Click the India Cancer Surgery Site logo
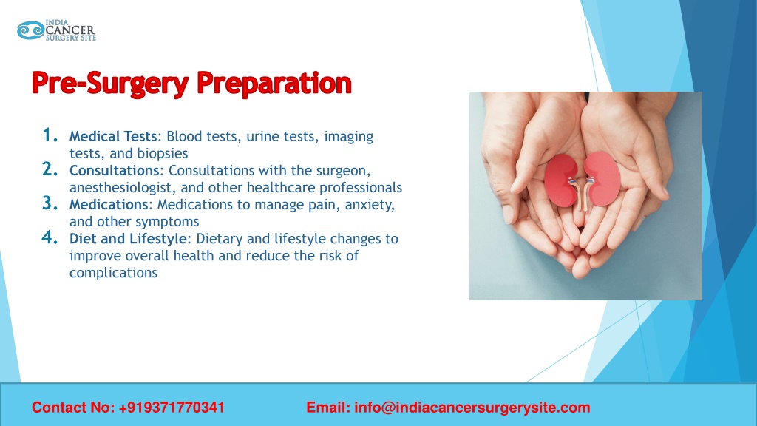pyautogui.click(x=56, y=30)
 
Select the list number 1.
pyautogui.click(x=50, y=135)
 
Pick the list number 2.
pyautogui.click(x=50, y=169)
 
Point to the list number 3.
pyautogui.click(x=50, y=203)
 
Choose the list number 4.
pyautogui.click(x=50, y=237)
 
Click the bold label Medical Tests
pyautogui.click(x=113, y=137)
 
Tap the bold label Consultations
pyautogui.click(x=114, y=171)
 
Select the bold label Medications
pyautogui.click(x=109, y=205)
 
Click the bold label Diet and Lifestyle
pyautogui.click(x=129, y=239)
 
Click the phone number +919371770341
pyautogui.click(x=172, y=408)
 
